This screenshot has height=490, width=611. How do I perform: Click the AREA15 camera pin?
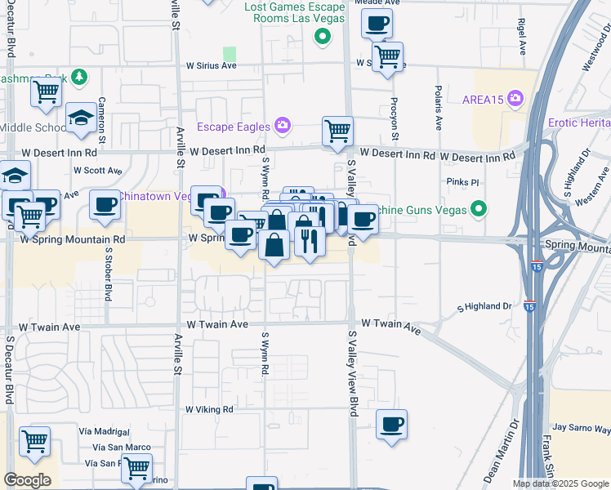515,99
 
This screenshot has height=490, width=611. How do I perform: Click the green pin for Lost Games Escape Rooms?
323,36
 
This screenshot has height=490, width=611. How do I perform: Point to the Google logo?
27,480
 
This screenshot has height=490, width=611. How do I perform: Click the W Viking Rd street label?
209,409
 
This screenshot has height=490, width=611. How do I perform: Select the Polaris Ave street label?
439,108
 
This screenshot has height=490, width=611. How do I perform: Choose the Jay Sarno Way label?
581,427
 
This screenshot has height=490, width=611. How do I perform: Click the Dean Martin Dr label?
502,461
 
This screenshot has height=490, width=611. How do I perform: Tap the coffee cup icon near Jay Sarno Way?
392,424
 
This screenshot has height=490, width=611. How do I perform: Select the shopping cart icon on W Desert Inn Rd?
337,131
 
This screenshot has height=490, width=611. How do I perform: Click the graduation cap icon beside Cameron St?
82,119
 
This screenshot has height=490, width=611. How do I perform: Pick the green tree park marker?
79,78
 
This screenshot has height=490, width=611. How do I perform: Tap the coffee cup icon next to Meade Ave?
377,23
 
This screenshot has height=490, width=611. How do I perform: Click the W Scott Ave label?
97,171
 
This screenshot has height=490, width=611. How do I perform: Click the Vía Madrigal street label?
105,430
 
